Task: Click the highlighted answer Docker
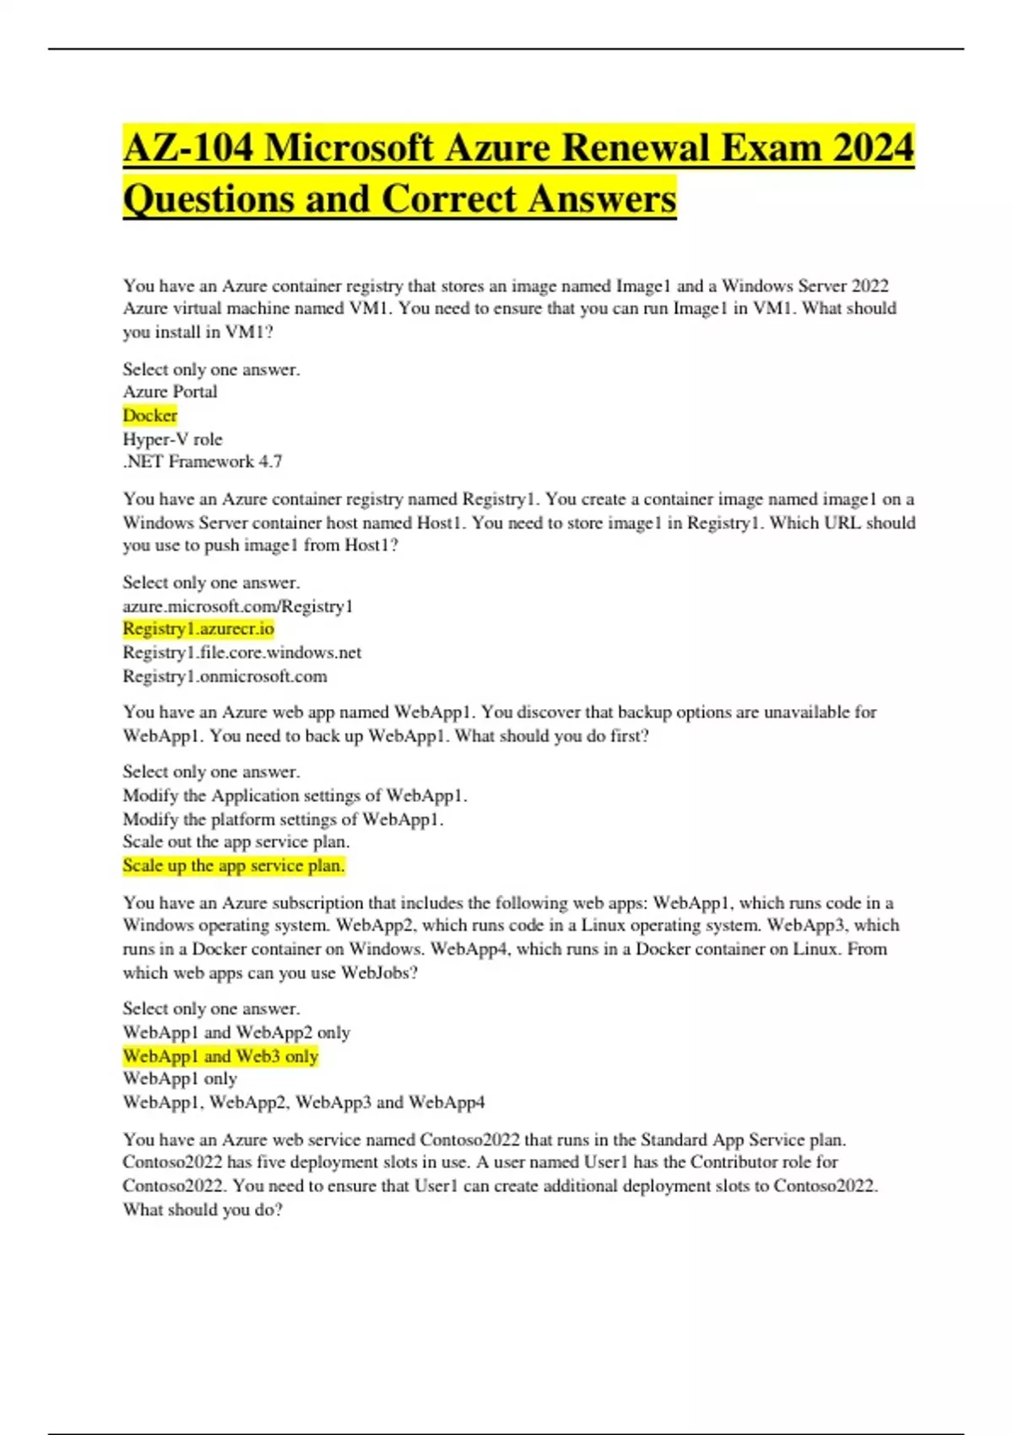150,415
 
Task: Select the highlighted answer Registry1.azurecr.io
198,629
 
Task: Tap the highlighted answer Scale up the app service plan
234,865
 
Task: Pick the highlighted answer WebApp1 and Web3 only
220,1056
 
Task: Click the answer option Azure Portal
170,392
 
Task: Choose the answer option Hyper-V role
172,439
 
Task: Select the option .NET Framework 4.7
203,462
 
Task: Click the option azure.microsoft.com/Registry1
238,606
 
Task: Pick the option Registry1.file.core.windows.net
242,653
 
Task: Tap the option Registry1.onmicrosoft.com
225,676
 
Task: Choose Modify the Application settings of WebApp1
295,795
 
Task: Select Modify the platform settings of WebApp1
283,819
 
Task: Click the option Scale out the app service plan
236,842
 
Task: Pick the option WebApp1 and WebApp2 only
236,1032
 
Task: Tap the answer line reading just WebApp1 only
180,1079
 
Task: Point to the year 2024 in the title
873,148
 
